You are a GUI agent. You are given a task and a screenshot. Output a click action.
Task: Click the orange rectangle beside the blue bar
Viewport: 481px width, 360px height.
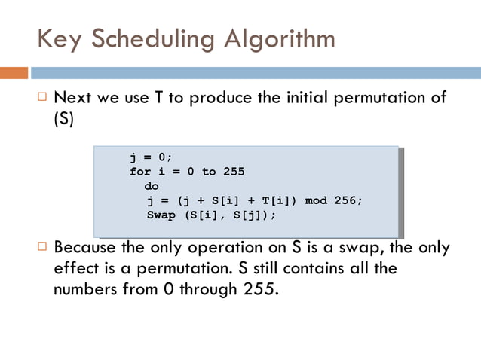click(x=14, y=73)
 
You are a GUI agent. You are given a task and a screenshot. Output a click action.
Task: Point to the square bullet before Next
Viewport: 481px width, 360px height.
click(x=44, y=99)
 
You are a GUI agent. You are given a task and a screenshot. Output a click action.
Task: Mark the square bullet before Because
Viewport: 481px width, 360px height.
click(x=44, y=248)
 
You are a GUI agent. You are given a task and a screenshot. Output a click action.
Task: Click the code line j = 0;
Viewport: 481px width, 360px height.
click(x=151, y=157)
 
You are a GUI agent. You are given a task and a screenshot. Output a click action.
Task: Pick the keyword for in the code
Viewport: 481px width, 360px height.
click(x=141, y=172)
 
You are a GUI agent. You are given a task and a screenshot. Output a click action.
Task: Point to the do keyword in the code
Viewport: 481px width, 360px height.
click(x=151, y=186)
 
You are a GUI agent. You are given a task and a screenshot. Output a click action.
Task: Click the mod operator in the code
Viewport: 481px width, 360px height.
click(x=315, y=200)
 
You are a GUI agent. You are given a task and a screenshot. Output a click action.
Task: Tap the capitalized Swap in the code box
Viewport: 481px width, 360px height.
click(x=161, y=215)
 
